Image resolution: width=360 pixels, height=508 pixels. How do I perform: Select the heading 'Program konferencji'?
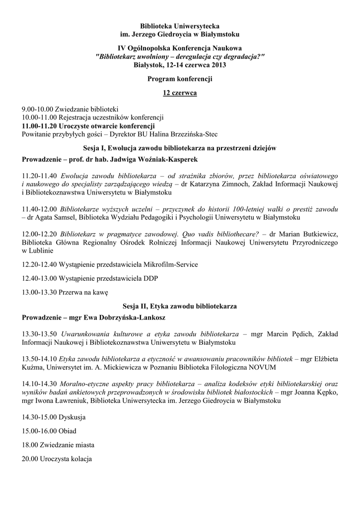[180, 79]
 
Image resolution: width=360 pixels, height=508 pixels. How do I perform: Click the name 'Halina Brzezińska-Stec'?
[184, 134]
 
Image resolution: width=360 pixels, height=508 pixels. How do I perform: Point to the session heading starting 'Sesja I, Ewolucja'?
[180, 148]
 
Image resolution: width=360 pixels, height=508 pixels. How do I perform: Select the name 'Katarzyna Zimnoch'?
[211, 184]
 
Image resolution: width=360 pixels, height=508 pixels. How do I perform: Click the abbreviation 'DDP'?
[150, 278]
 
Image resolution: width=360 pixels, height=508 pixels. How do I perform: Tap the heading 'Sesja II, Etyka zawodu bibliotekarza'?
[180, 307]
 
